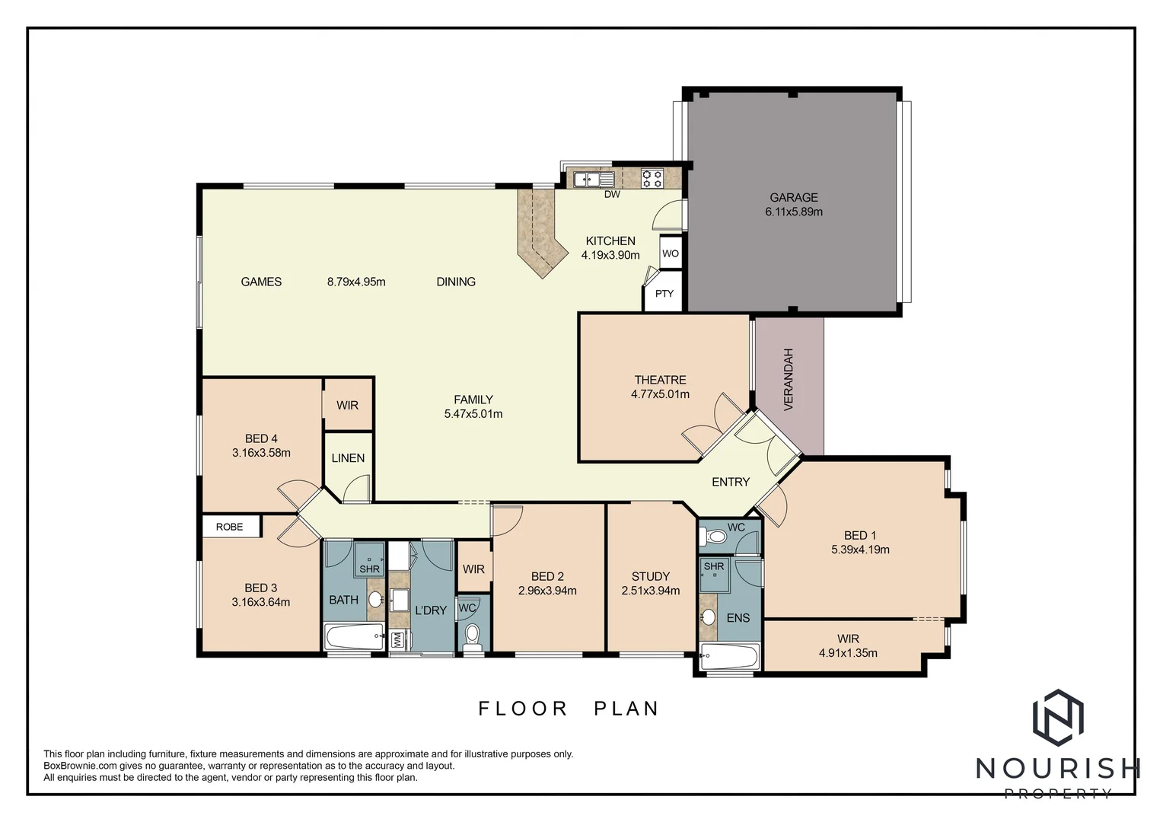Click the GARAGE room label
coord(793,197)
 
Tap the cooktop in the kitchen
coord(652,178)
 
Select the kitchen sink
coord(594,180)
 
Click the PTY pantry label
coord(664,294)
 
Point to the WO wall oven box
coord(670,253)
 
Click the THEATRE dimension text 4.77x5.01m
coord(660,394)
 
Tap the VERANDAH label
coord(789,379)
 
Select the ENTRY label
coord(730,482)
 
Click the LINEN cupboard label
coord(348,458)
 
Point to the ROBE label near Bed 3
coord(229,527)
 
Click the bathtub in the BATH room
coord(354,636)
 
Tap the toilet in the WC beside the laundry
coord(473,636)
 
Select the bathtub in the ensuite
coord(729,657)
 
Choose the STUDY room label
coord(650,576)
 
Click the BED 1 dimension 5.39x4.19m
coord(860,550)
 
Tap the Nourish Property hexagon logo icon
coord(1057,717)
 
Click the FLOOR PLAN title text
coord(568,709)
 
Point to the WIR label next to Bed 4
coord(347,406)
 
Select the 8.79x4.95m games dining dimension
coord(356,282)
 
